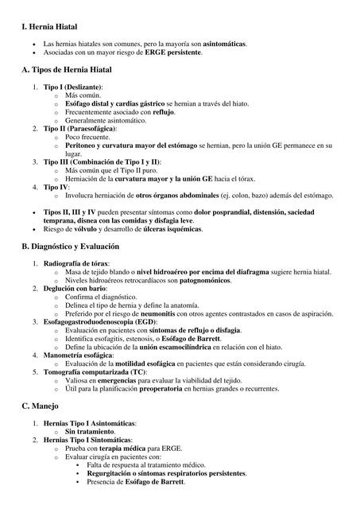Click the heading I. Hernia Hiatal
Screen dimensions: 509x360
click(x=55, y=27)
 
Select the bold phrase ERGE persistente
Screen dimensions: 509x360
click(x=173, y=52)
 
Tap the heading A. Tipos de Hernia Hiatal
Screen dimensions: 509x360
click(x=72, y=70)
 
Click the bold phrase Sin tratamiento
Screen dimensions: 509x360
click(x=94, y=430)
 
